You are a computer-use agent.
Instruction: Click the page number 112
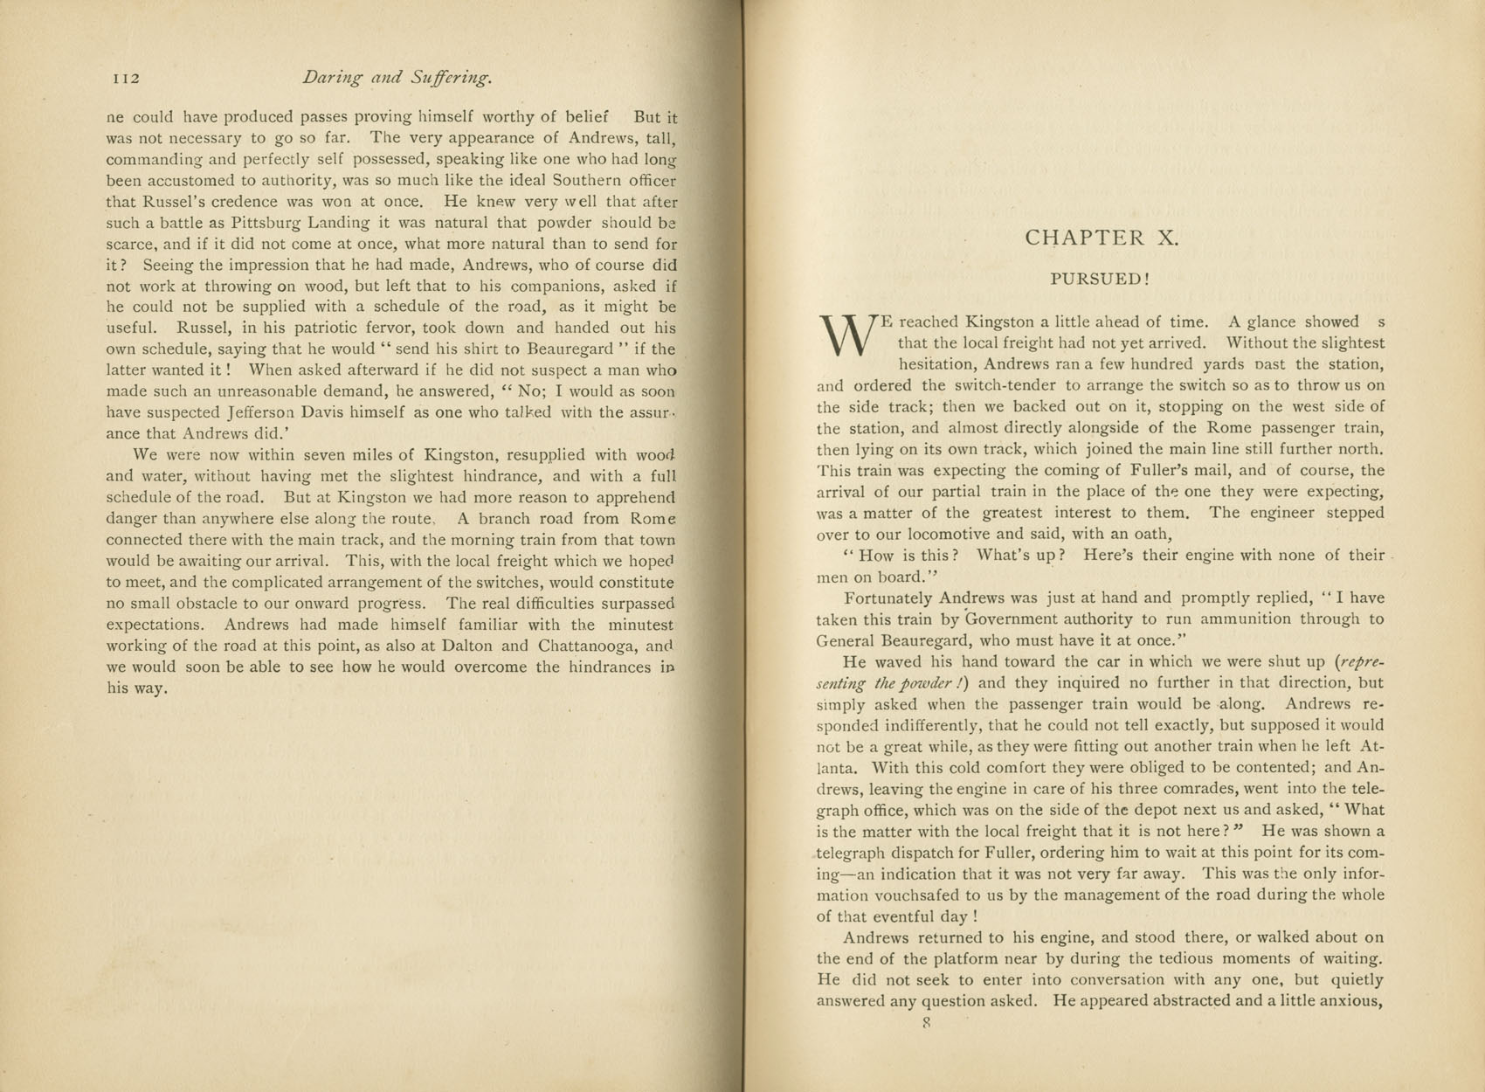(127, 79)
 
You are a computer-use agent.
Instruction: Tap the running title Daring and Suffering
(397, 78)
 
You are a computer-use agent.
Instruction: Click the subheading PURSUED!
(1100, 280)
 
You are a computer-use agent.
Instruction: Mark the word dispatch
(926, 853)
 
